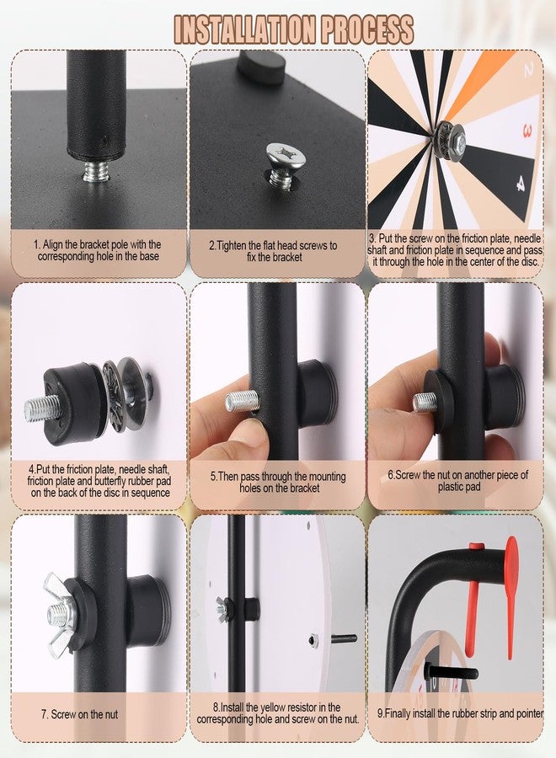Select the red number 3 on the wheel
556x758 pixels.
coord(527,131)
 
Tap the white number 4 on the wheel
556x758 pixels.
coord(521,184)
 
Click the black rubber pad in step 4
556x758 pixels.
coord(72,403)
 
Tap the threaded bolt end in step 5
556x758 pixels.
coord(241,401)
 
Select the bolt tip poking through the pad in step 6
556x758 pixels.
coord(424,403)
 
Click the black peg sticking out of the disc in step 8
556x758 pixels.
coord(344,638)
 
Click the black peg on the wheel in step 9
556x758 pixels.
coord(451,671)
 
